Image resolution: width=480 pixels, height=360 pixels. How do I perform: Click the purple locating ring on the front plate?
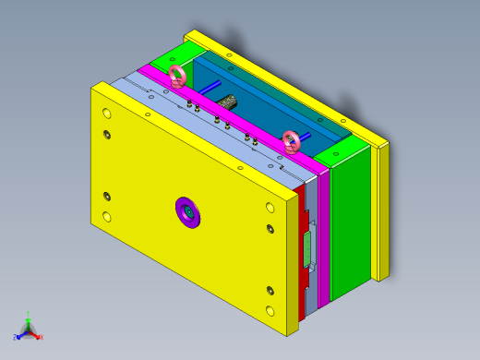188,212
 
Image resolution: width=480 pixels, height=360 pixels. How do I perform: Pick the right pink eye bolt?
292,141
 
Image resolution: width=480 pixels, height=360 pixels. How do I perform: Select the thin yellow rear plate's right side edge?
380,212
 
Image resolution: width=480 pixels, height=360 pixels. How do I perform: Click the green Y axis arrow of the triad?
29,318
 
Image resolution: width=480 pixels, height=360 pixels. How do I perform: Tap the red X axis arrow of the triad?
39,337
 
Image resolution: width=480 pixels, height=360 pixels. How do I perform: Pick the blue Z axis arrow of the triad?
18,337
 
